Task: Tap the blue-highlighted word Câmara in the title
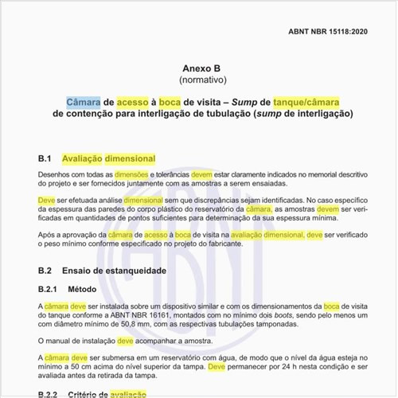point(84,102)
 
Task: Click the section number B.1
point(45,159)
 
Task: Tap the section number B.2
point(45,271)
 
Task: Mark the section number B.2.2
point(49,394)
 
